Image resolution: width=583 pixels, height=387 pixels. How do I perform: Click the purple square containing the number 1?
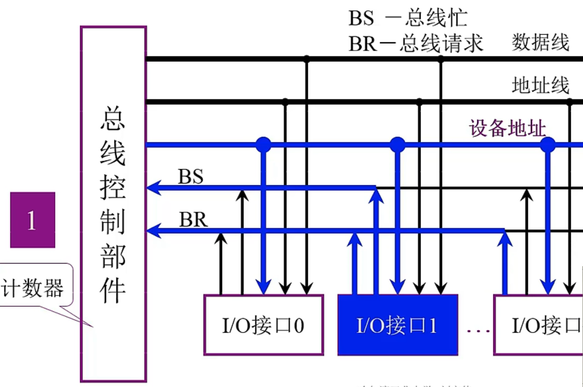pos(33,220)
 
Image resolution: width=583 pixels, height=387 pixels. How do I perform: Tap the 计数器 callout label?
pos(33,287)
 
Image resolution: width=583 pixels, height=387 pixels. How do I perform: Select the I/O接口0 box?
pos(263,325)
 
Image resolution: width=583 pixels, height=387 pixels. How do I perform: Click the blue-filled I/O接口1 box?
pos(397,325)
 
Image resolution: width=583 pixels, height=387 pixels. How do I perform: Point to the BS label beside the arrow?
pos(191,177)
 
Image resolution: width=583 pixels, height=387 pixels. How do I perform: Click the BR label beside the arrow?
pos(193,219)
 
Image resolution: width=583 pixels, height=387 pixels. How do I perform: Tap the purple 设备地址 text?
pos(507,128)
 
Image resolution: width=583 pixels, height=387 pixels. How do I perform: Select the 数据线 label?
pos(540,42)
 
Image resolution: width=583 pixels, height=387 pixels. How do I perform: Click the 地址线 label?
pos(540,85)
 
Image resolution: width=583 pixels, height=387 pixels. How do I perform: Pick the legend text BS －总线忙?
pos(408,18)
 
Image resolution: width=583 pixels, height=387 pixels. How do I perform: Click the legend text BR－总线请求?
pos(416,43)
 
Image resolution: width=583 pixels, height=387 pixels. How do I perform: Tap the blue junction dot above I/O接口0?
pos(263,145)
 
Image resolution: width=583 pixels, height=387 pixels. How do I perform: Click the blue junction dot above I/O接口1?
pos(397,145)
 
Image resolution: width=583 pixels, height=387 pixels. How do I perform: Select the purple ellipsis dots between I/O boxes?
pos(478,330)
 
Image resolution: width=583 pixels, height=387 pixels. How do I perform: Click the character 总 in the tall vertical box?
pos(113,118)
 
